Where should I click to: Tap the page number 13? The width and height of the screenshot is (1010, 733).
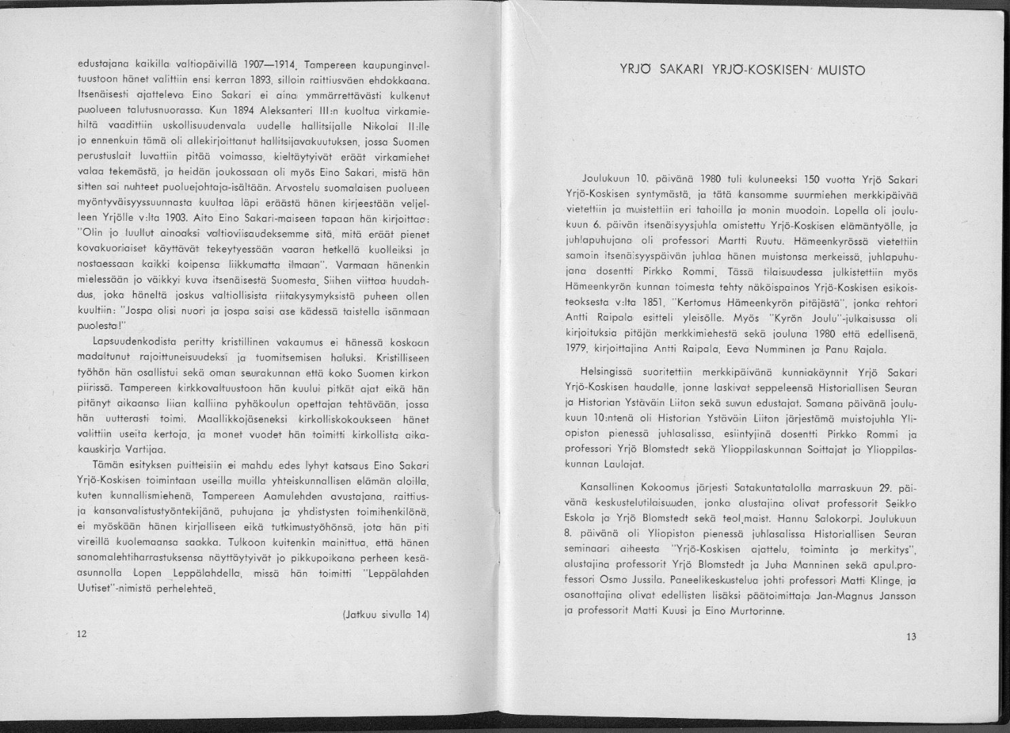point(911,637)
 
